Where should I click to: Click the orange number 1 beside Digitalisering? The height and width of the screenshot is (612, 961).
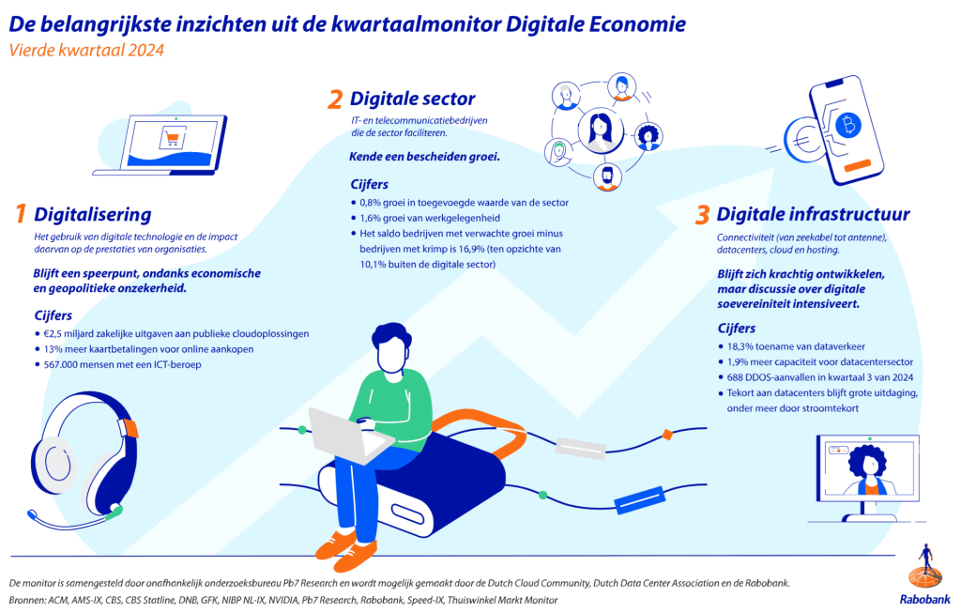pyautogui.click(x=21, y=214)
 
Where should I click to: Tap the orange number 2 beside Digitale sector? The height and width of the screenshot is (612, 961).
pyautogui.click(x=335, y=99)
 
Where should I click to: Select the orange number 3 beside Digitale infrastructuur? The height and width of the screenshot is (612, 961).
pyautogui.click(x=702, y=215)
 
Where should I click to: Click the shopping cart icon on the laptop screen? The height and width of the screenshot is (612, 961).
pyautogui.click(x=173, y=137)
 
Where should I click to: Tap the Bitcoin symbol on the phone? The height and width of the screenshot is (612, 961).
pyautogui.click(x=848, y=125)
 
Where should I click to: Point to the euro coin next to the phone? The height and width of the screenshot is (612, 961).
pyautogui.click(x=804, y=141)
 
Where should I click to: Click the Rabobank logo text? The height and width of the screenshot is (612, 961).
pyautogui.click(x=924, y=599)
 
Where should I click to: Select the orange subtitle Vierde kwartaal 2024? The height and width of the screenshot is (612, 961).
pyautogui.click(x=86, y=50)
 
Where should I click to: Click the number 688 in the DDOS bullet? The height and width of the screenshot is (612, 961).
pyautogui.click(x=735, y=377)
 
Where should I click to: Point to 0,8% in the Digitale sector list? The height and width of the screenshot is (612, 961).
pyautogui.click(x=370, y=203)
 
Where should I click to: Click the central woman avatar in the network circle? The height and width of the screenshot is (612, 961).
pyautogui.click(x=601, y=130)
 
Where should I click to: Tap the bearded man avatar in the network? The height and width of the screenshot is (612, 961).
pyautogui.click(x=607, y=177)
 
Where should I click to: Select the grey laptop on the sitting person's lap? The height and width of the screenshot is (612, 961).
pyautogui.click(x=349, y=436)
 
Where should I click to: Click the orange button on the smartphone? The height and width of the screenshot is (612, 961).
pyautogui.click(x=858, y=165)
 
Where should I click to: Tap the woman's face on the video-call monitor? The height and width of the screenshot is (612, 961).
pyautogui.click(x=870, y=466)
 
